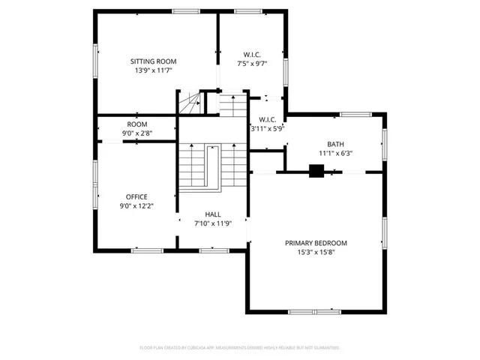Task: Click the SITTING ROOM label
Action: (153, 61)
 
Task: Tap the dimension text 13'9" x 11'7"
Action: (153, 70)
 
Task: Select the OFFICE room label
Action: (136, 197)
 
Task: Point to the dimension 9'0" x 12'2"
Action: (136, 206)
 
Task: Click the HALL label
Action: (213, 214)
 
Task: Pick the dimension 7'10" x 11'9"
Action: (213, 223)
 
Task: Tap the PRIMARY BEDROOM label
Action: (316, 243)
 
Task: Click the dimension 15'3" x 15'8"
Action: (316, 252)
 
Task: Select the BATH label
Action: (334, 144)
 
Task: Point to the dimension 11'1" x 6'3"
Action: (334, 153)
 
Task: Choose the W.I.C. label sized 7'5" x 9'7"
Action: (252, 54)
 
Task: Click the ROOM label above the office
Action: (136, 124)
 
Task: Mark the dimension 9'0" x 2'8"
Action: (136, 133)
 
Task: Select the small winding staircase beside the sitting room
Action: (190, 103)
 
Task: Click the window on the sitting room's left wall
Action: (95, 60)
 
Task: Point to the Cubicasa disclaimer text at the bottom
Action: (240, 348)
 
